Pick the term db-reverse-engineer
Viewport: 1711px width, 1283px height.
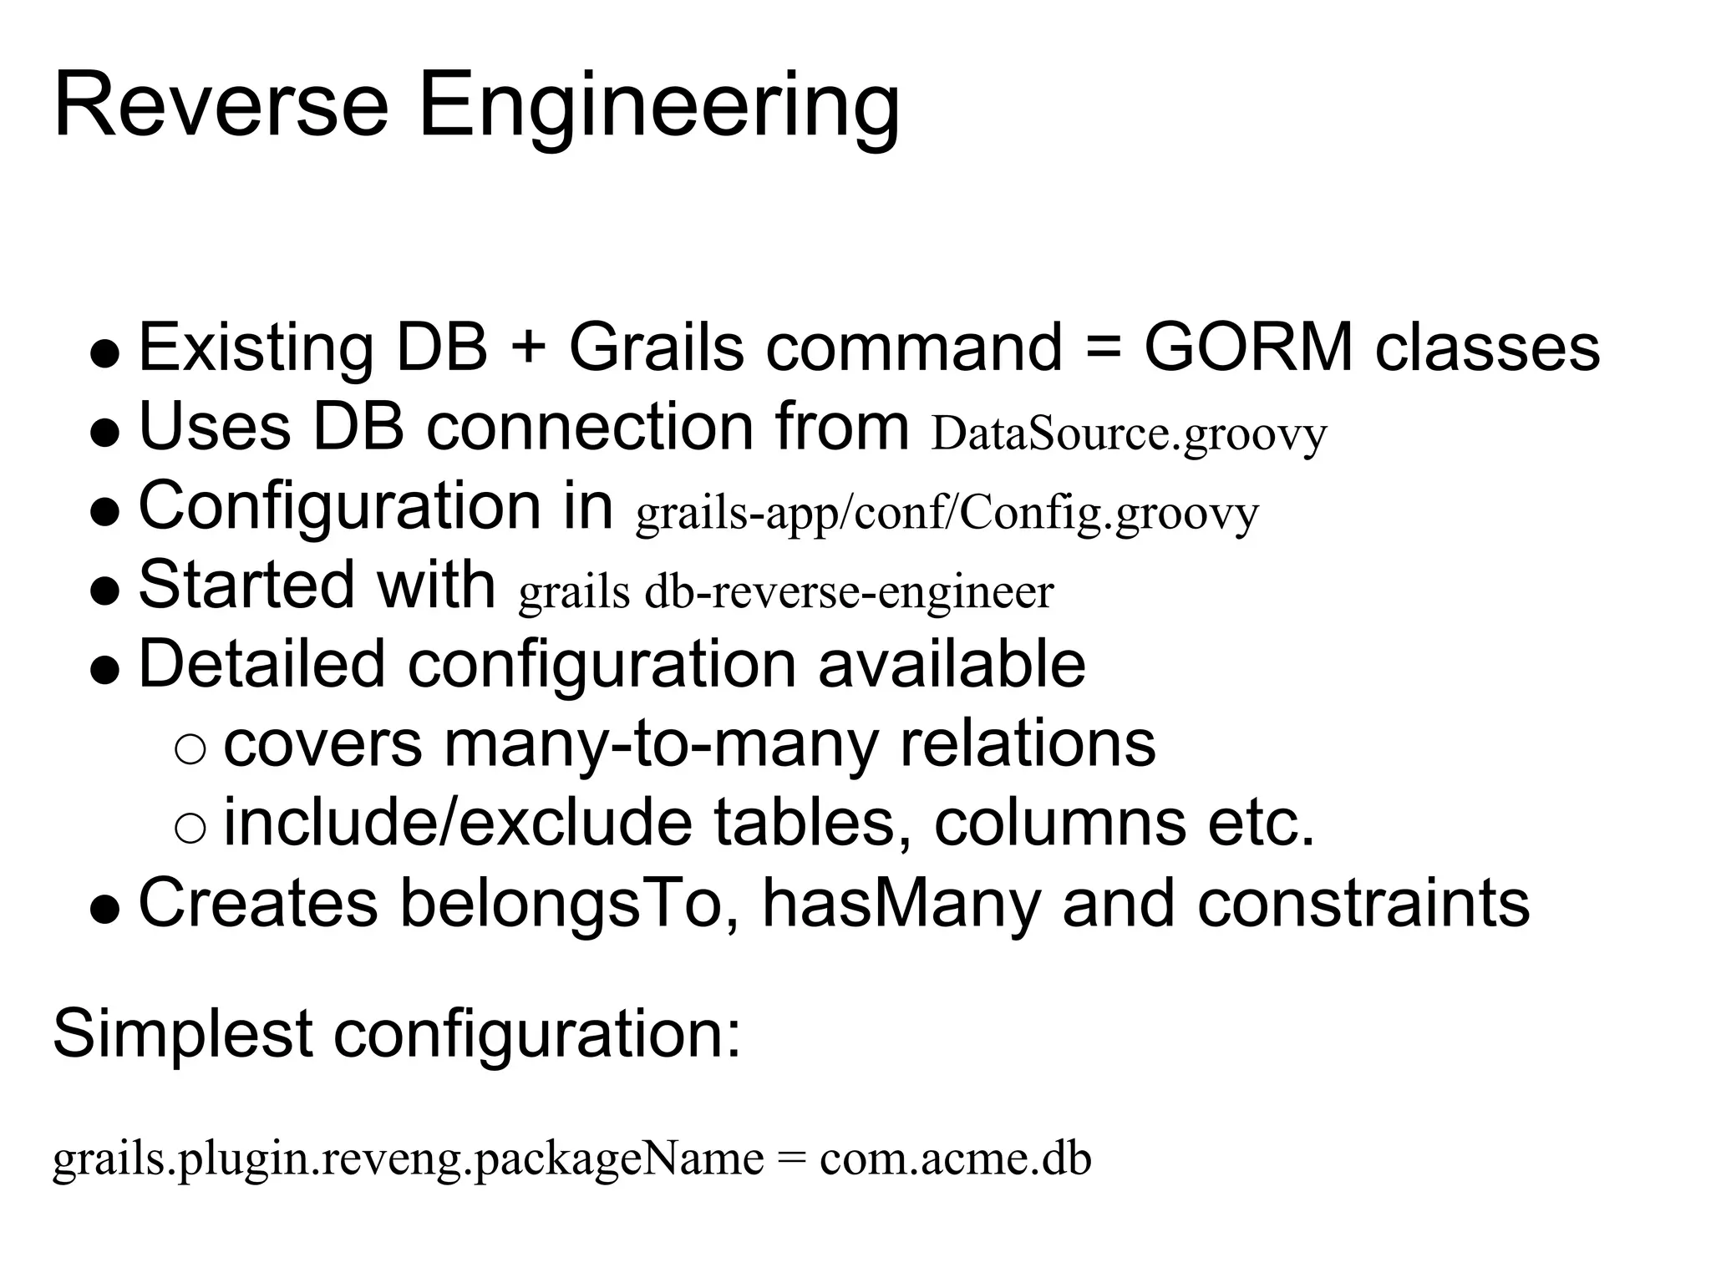tap(849, 592)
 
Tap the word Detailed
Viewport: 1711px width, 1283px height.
tap(261, 664)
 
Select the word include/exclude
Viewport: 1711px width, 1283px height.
tap(458, 823)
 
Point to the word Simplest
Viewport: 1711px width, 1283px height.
tap(182, 1034)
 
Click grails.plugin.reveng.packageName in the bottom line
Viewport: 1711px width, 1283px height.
tap(408, 1159)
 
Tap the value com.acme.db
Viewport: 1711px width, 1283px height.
tap(955, 1159)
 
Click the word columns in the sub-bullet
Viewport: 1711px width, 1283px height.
tap(1059, 823)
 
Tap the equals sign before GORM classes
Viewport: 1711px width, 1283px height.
tap(1104, 348)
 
